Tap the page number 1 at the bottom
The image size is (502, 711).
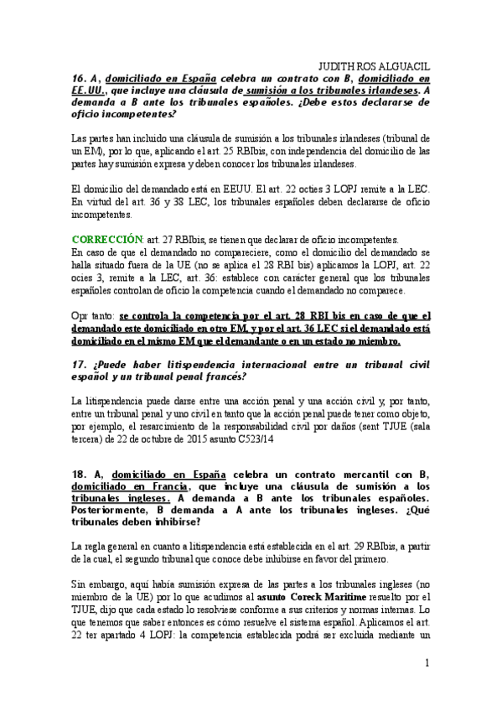[427, 664]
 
